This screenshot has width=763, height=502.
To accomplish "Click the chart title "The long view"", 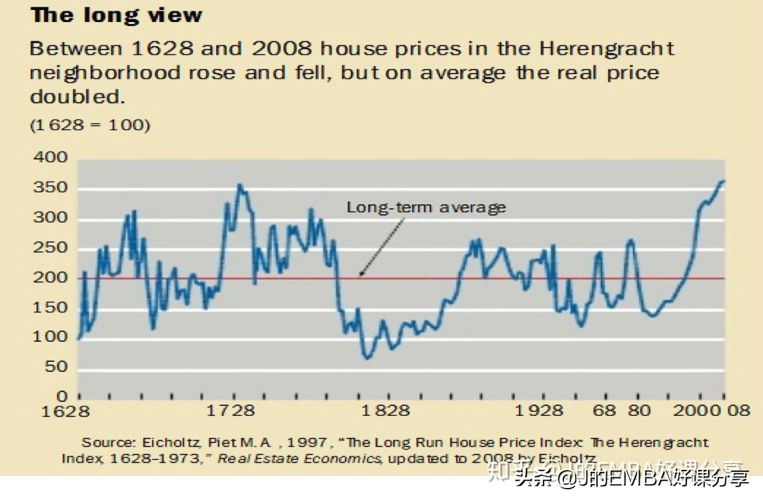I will tap(116, 15).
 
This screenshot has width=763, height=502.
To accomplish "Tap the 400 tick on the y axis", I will tap(51, 158).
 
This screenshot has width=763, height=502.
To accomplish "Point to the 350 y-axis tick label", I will tap(51, 188).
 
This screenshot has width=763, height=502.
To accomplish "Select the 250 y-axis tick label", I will tap(51, 248).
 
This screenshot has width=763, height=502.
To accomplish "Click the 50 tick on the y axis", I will tap(55, 367).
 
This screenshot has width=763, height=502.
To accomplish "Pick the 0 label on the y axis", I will tap(63, 397).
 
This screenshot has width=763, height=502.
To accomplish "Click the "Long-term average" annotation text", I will tap(426, 208).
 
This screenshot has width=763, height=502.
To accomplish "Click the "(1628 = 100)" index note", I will tap(90, 125).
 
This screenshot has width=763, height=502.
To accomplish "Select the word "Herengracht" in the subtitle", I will tap(607, 49).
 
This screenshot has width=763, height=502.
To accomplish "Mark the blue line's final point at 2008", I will tap(724, 181).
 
